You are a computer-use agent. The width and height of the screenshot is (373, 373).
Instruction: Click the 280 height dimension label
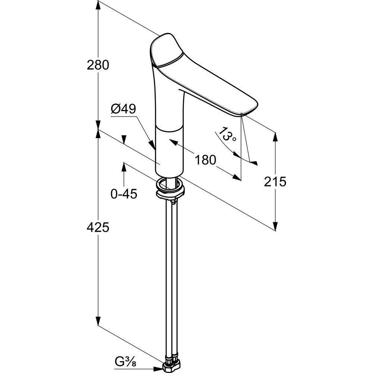pos(98,65)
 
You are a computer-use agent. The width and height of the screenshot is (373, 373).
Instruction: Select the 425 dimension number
pos(98,227)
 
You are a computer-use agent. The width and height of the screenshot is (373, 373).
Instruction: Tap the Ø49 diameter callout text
pos(123,109)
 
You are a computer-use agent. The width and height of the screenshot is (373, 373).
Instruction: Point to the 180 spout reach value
pos(206,160)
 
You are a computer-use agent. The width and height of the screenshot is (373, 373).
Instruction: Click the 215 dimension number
pos(275,182)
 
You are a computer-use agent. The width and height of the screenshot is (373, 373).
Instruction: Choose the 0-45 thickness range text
pos(124,194)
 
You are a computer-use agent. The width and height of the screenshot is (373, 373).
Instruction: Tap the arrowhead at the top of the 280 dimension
pos(98,5)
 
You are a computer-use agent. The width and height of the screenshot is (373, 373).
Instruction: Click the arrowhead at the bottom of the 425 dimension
pos(98,321)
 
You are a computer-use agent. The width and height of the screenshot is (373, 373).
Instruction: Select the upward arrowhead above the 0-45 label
pos(124,167)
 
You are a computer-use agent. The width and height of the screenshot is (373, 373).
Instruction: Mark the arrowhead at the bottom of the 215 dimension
pos(275,226)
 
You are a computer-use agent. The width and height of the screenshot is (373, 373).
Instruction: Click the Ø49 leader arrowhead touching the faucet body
pos(152,145)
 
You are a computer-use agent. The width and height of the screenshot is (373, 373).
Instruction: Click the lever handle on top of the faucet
pos(166,50)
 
